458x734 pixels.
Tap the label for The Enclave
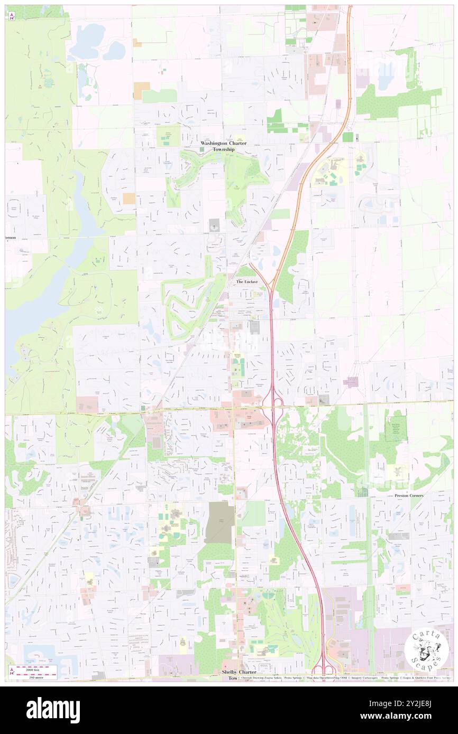[247, 282]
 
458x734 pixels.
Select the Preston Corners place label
[409, 496]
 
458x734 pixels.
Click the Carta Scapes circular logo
[427, 649]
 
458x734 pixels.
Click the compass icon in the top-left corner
[11, 16]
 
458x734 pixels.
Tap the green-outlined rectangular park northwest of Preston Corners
[395, 431]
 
